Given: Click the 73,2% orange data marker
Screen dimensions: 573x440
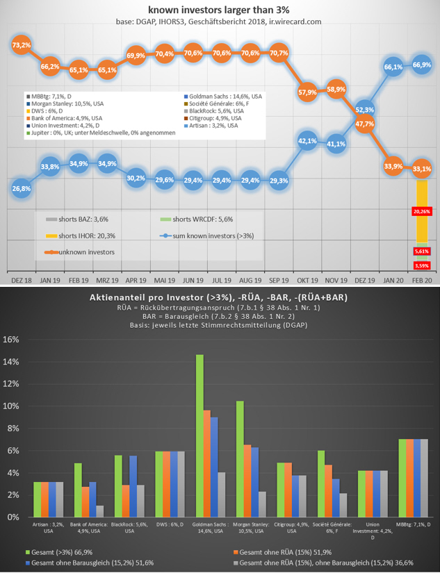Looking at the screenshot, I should pos(21,44).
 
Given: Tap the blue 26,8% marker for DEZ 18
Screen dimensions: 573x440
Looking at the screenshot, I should pos(22,188).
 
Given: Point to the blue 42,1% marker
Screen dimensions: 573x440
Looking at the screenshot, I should pos(307,141).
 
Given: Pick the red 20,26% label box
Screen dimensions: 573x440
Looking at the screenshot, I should pos(421,211).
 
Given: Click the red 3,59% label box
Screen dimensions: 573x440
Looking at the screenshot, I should pos(421,265).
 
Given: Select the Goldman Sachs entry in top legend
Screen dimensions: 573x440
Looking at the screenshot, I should pos(221,96).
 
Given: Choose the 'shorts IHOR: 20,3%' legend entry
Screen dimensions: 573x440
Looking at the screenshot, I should pos(82,235).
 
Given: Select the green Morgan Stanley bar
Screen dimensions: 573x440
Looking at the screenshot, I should pos(240,459).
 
